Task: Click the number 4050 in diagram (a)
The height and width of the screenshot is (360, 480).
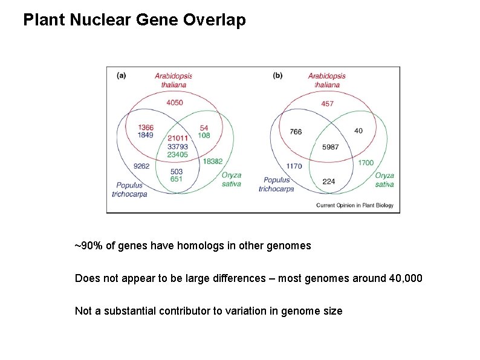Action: pos(174,103)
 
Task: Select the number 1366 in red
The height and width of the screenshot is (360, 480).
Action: pos(146,127)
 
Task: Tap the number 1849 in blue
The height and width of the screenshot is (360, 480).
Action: pos(146,135)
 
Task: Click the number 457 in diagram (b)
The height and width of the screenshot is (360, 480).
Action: pos(327,103)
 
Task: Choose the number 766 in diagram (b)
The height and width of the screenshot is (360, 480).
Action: pos(296,132)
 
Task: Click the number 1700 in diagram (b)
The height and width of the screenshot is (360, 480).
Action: pos(366,163)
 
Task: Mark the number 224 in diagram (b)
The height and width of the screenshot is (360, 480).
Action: pos(329,181)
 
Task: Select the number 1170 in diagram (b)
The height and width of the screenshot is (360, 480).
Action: pos(294,166)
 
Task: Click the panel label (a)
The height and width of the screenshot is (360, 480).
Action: pos(121,76)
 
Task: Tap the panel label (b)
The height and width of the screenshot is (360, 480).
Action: pos(277,76)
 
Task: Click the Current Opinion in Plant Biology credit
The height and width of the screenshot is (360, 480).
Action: pos(354,206)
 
